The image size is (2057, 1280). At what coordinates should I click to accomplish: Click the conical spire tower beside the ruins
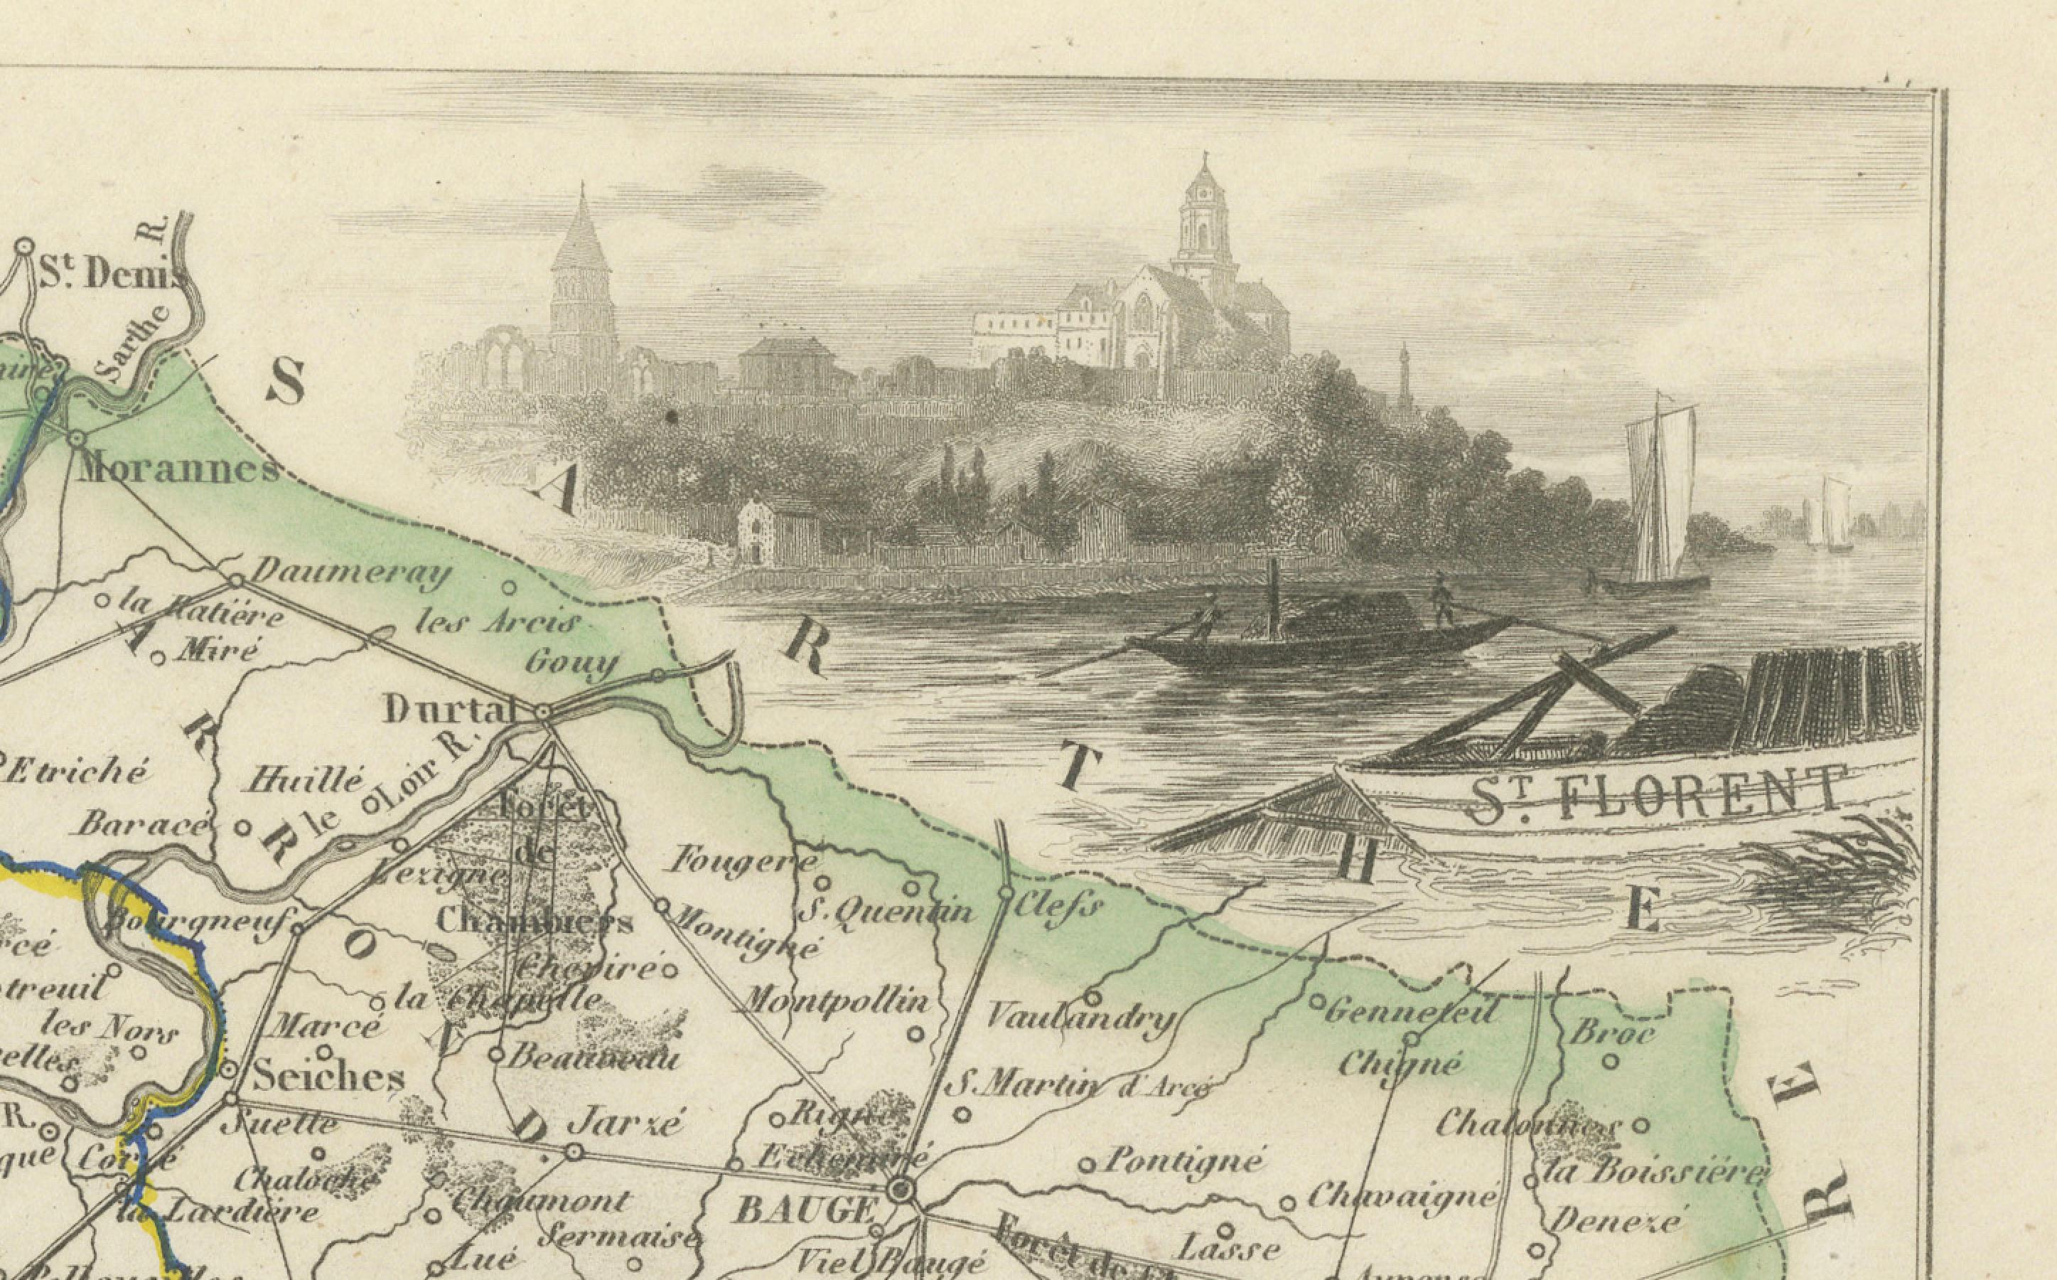582,271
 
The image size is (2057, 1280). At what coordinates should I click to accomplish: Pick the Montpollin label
834,1003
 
